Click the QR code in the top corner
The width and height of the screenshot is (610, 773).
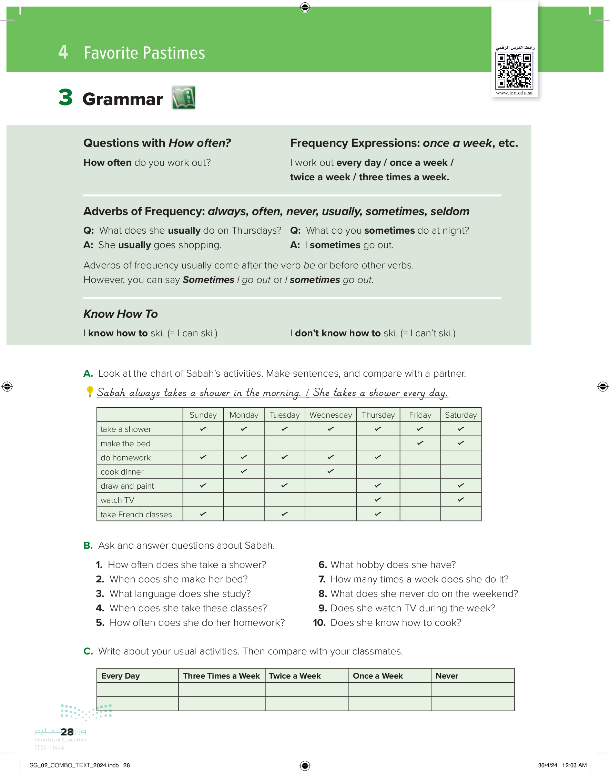(514, 70)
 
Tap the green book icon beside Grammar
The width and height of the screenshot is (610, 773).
(184, 98)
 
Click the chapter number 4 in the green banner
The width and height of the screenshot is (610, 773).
(63, 52)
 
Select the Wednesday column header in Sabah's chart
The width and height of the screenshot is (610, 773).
(331, 415)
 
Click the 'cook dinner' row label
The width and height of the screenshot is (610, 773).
(122, 472)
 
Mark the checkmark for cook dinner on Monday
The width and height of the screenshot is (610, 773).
(244, 471)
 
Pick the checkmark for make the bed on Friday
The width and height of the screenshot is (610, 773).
(420, 443)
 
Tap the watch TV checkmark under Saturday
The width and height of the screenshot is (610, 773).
(461, 499)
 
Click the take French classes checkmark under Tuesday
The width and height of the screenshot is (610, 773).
(284, 514)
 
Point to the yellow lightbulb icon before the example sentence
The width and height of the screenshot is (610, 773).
(90, 391)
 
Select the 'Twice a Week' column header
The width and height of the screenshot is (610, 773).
(295, 675)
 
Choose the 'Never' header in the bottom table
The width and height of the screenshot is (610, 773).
(447, 675)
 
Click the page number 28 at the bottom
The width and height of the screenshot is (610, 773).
(67, 732)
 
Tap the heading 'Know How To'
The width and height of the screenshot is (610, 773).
(121, 314)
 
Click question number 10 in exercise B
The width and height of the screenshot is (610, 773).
(319, 623)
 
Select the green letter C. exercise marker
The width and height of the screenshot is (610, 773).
(88, 651)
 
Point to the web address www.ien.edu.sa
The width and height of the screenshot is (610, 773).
(514, 93)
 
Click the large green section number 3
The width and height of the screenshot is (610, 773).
(66, 97)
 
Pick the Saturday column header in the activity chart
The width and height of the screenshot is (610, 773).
(461, 415)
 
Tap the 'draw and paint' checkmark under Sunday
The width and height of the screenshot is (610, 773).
(203, 486)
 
